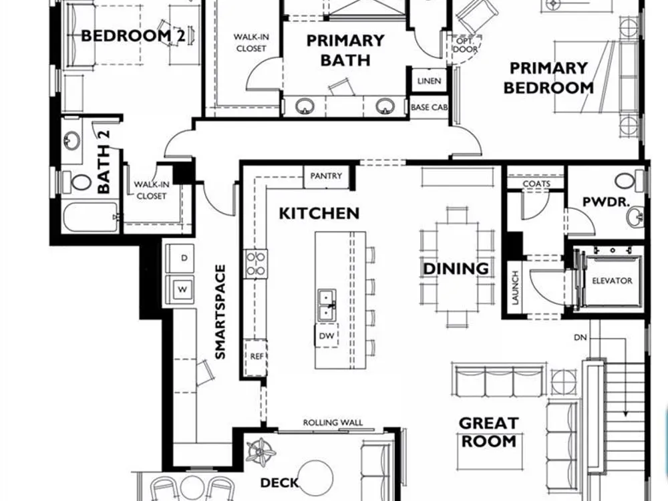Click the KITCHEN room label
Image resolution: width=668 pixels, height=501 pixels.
click(x=319, y=214)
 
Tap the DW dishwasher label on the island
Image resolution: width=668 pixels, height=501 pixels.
click(x=327, y=336)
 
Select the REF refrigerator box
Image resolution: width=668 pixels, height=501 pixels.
click(x=256, y=357)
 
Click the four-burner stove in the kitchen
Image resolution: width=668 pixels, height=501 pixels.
click(x=256, y=264)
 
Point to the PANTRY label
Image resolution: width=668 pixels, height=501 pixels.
click(x=326, y=176)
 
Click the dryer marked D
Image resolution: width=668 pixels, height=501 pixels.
click(x=180, y=258)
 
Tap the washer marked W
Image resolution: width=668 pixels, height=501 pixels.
click(x=180, y=290)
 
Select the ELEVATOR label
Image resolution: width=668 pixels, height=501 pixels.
click(x=612, y=281)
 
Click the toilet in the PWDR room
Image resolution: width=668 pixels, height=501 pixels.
click(x=629, y=181)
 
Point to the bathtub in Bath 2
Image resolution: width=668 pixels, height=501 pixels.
click(x=90, y=217)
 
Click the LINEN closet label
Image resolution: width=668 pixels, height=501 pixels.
click(x=429, y=81)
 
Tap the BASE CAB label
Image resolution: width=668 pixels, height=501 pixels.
click(x=429, y=108)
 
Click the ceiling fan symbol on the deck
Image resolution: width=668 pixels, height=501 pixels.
click(x=261, y=452)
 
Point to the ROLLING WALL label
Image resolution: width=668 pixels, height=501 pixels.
click(x=333, y=423)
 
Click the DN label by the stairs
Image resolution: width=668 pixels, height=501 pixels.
click(x=580, y=337)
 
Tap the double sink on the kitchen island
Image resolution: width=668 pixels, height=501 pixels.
click(x=327, y=305)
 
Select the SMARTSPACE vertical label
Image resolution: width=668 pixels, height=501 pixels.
click(x=220, y=312)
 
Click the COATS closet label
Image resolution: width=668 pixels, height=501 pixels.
click(x=536, y=184)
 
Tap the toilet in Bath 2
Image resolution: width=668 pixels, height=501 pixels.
click(x=77, y=182)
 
